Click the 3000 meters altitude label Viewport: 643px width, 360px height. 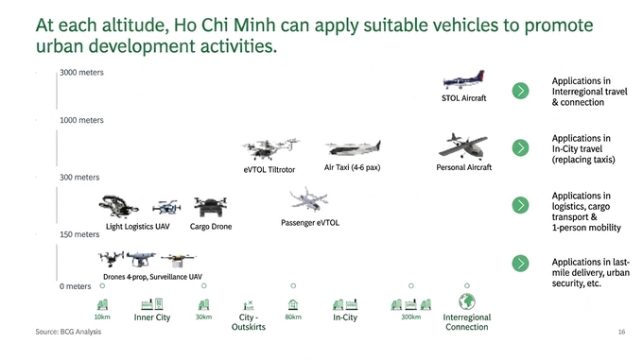coord(81,73)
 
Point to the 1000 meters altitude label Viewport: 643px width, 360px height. coord(81,120)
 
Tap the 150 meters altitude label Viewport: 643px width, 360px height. coord(79,234)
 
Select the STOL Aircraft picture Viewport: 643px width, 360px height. coord(463,80)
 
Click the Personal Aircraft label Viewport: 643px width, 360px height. coord(463,167)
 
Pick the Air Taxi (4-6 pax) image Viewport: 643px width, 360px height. coord(353,147)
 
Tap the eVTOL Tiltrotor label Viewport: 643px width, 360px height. coord(269,169)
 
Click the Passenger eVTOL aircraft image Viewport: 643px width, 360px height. coord(308,200)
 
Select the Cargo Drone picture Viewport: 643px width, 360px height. coord(210,207)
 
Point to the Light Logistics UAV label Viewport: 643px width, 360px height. coord(137,227)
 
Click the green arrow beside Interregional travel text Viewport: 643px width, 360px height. coord(520,91)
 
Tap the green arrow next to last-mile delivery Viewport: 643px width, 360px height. coord(520,264)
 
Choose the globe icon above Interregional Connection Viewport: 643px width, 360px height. coord(467,301)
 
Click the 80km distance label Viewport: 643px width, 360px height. coord(293,317)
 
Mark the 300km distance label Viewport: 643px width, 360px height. coord(410,317)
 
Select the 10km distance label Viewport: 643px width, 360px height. coord(102,317)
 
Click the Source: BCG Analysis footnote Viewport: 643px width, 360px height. coord(68,332)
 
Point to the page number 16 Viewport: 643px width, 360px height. coord(621,332)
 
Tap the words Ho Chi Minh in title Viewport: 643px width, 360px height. coord(224,26)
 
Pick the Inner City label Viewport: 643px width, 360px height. coord(151,317)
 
